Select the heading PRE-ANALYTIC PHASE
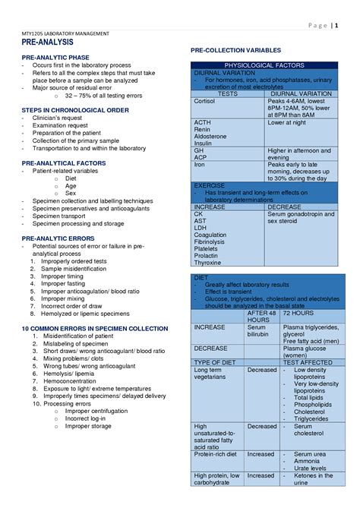click(55, 58)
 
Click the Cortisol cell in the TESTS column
click(205, 101)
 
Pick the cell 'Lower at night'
click(286, 122)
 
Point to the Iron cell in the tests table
click(199, 164)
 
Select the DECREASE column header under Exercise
click(284, 207)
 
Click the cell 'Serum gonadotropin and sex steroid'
click(300, 219)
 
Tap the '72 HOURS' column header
click(297, 313)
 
